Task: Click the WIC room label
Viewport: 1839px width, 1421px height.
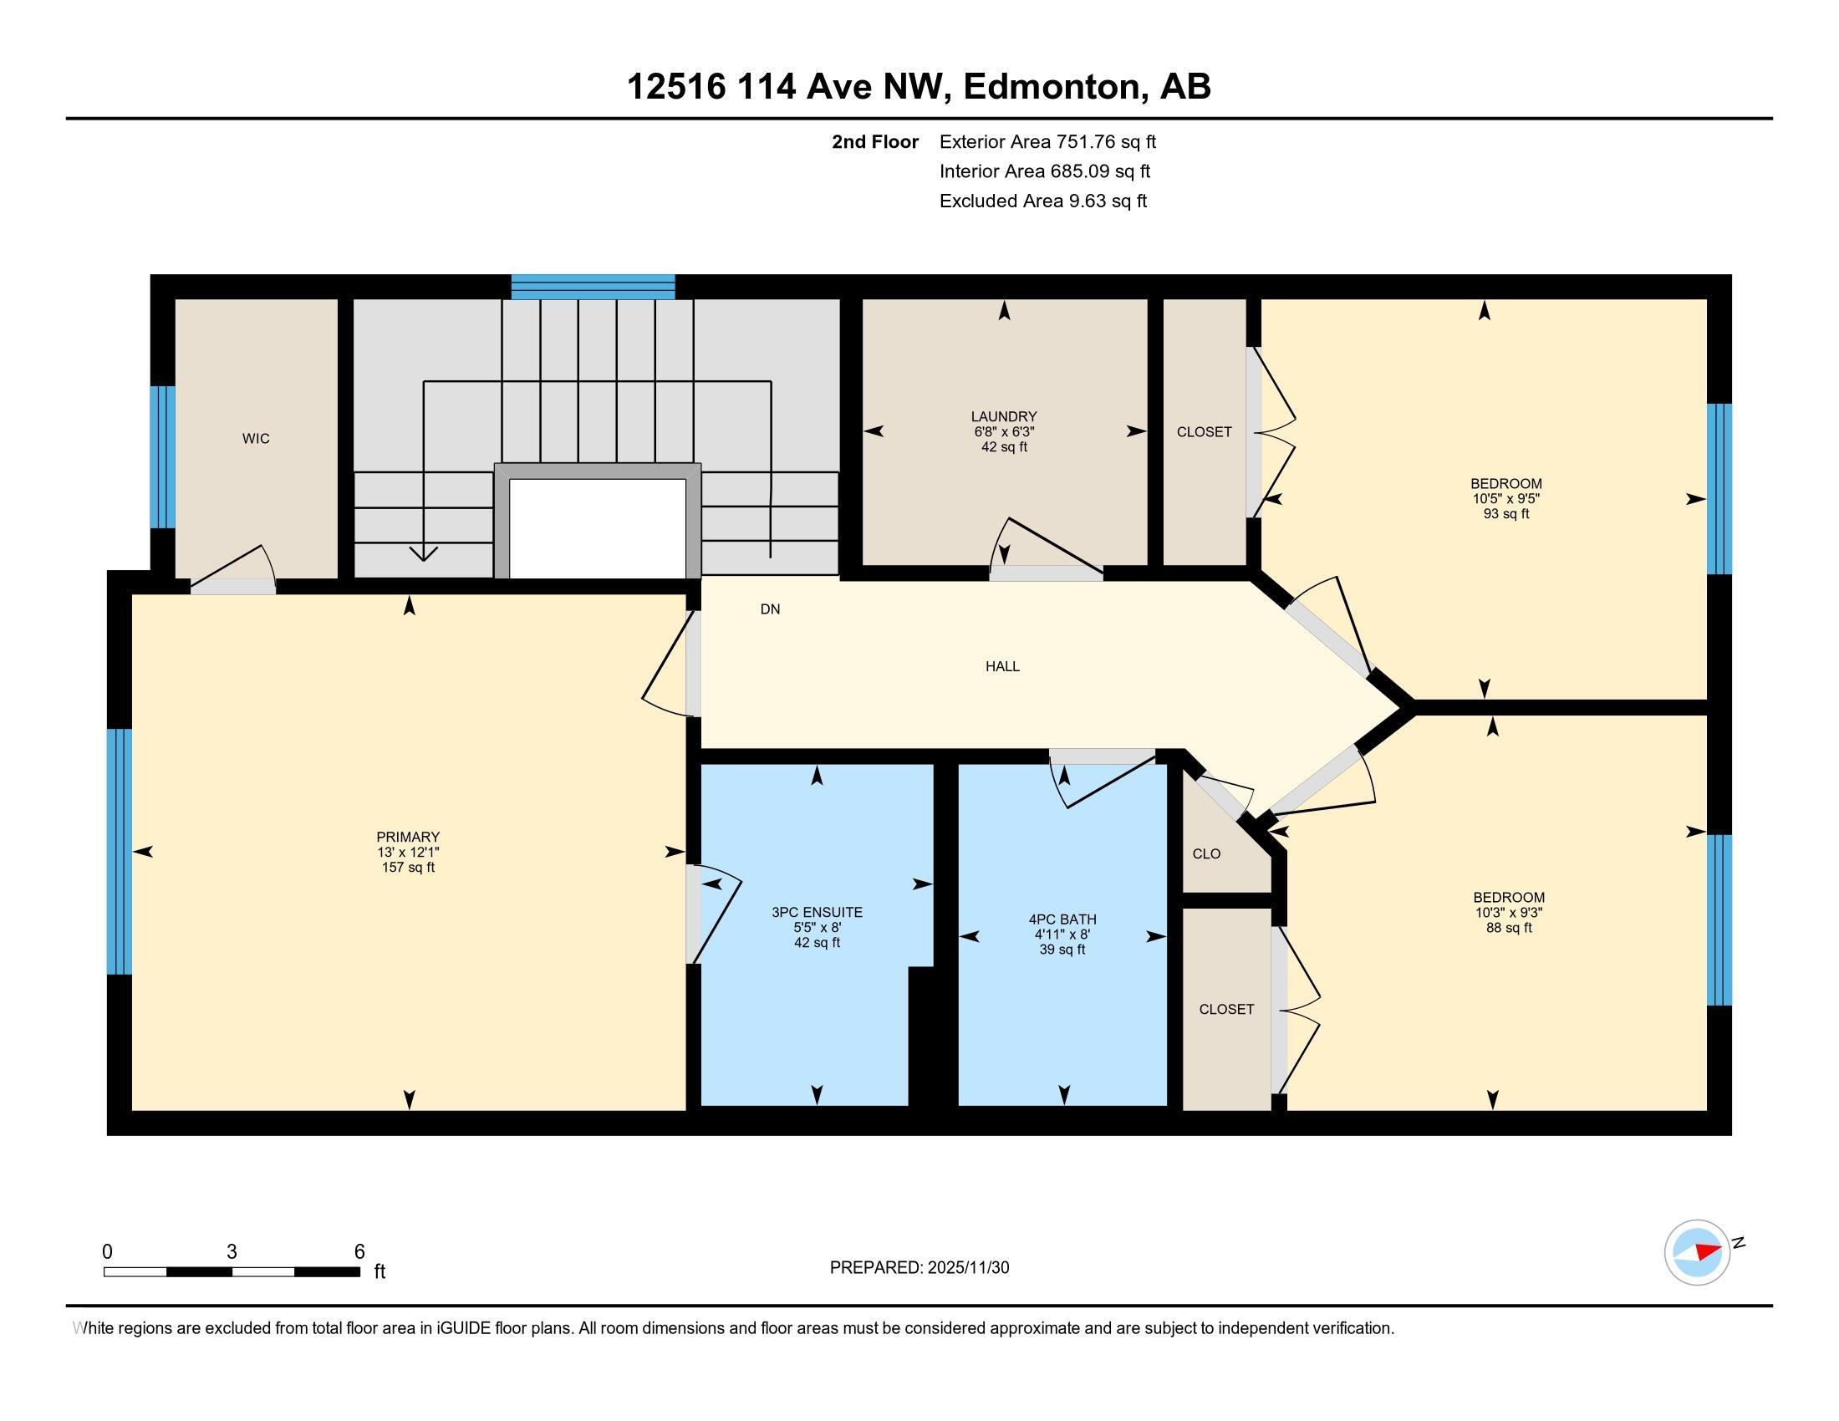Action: (256, 439)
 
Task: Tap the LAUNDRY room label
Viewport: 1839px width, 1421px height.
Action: (1004, 417)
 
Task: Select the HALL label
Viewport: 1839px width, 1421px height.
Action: (1002, 667)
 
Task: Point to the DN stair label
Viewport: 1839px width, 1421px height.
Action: (770, 609)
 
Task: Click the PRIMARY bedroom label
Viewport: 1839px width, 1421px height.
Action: (409, 837)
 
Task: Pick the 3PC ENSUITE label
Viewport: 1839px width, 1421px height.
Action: (817, 912)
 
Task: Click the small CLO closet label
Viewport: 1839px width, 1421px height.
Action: (1206, 853)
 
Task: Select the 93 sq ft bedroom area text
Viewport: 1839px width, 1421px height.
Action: (1506, 513)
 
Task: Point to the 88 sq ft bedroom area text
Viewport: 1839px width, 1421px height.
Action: (1509, 928)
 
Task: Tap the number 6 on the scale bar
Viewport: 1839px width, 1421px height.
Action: (359, 1252)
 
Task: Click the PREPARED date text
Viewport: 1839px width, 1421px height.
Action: (919, 1268)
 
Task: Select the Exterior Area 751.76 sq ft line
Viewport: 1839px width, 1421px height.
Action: (1048, 142)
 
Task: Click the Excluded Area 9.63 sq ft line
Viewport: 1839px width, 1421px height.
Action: (1043, 201)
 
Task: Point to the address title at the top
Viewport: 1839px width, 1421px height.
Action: (919, 87)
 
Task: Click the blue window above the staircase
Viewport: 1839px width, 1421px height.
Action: (593, 287)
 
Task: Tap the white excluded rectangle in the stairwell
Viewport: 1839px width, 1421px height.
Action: (598, 528)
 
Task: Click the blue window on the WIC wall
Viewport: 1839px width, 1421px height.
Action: (162, 457)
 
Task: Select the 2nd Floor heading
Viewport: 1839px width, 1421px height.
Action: (875, 142)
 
